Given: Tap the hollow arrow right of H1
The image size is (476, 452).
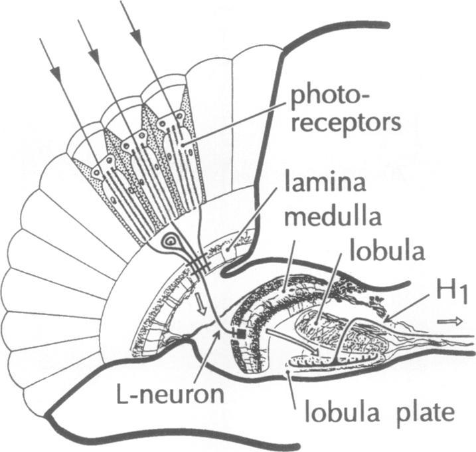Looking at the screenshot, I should (x=447, y=320).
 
